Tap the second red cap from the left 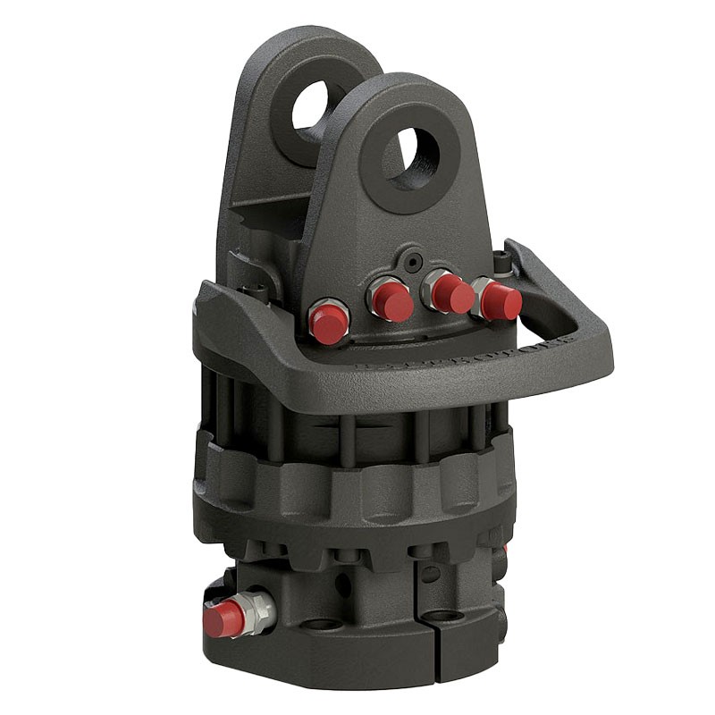(391, 301)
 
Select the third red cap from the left (452, 293)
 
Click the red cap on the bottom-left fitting (223, 618)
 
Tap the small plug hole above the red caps (411, 262)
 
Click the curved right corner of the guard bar (599, 344)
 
